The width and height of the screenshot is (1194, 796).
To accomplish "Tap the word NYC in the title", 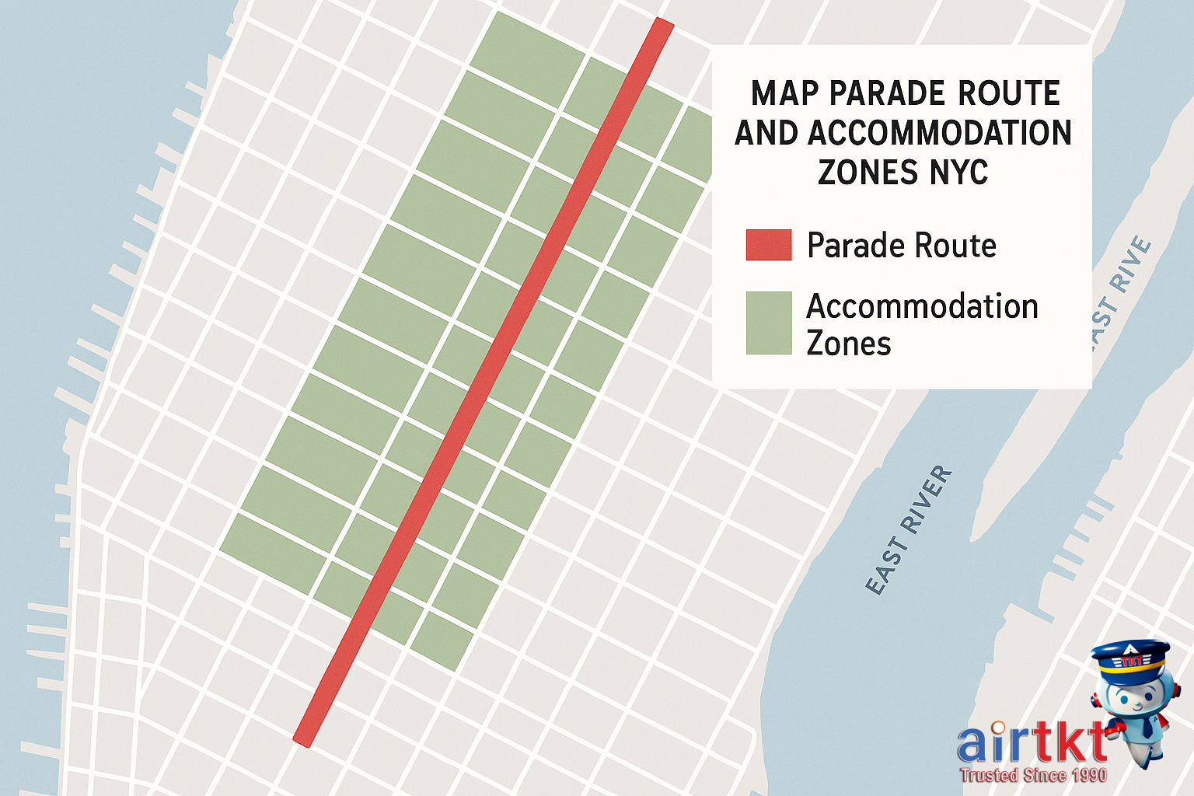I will (958, 173).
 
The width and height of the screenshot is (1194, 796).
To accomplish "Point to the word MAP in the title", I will (784, 94).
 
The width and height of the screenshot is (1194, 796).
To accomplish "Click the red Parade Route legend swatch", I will (768, 244).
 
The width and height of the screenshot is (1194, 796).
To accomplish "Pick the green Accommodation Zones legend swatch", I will (768, 323).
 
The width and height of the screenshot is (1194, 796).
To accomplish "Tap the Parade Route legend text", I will (901, 246).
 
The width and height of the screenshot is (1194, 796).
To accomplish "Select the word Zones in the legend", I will (848, 343).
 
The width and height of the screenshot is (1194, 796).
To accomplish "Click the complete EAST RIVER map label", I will (908, 530).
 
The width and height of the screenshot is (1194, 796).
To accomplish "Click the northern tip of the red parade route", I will (662, 23).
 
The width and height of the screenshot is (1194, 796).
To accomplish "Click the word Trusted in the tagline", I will (989, 775).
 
